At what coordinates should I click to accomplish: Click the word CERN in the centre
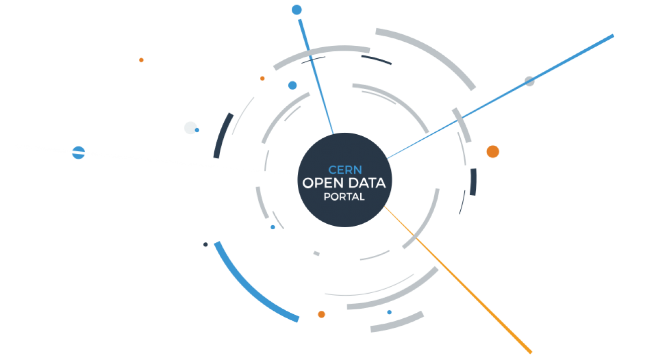(x=345, y=170)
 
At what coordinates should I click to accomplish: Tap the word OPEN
(x=320, y=183)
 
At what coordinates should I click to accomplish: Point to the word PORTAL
(x=344, y=197)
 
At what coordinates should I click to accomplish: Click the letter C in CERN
(x=332, y=170)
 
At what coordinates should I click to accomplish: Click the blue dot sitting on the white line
(x=78, y=152)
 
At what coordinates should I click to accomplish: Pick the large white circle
(x=190, y=128)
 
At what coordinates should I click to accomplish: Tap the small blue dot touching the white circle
(x=197, y=130)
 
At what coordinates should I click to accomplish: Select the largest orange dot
(x=493, y=151)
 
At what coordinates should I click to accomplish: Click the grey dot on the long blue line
(x=529, y=81)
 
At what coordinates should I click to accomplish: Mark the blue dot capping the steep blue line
(x=297, y=10)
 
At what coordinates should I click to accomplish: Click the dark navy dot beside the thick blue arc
(x=206, y=244)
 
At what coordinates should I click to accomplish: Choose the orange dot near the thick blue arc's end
(x=321, y=314)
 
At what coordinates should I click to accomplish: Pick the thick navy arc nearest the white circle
(x=223, y=135)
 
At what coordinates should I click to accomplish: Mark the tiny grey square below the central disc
(x=316, y=253)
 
